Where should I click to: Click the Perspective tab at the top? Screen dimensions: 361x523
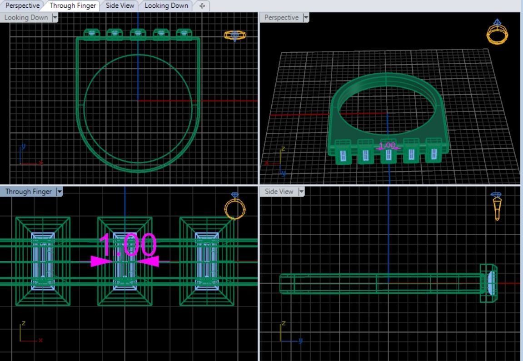[x=22, y=6]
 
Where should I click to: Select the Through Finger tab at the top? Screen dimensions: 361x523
[x=73, y=6]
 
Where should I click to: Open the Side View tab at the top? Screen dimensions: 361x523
[x=120, y=6]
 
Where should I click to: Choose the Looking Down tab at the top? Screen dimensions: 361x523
[x=166, y=6]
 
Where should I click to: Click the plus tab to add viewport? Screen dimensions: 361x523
[x=202, y=6]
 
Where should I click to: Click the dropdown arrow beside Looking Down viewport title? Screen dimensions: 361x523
[x=55, y=18]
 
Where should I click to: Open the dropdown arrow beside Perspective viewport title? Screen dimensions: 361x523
[x=306, y=18]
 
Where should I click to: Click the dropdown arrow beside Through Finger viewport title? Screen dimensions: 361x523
[x=59, y=192]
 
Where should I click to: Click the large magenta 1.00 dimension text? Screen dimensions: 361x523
[x=128, y=245]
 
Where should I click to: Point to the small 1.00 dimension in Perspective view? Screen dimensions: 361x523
[x=387, y=146]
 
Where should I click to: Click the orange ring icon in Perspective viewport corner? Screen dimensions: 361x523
[x=497, y=32]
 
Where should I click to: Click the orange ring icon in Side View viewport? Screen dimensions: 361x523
[x=497, y=206]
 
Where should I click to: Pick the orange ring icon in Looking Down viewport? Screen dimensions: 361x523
[x=234, y=35]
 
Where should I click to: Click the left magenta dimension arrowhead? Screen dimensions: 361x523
[x=101, y=261]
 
